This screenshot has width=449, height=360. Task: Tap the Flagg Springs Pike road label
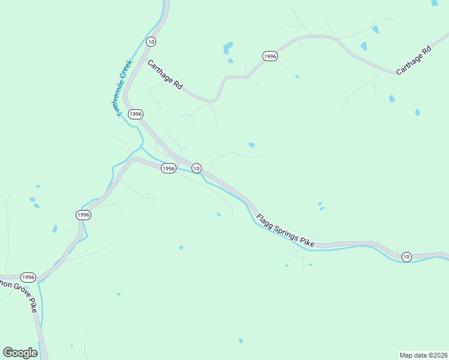pyautogui.click(x=285, y=230)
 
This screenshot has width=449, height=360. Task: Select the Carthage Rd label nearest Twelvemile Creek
pyautogui.click(x=164, y=74)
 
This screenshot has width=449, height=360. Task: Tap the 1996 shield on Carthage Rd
pyautogui.click(x=270, y=56)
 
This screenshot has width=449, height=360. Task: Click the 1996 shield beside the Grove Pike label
pyautogui.click(x=28, y=277)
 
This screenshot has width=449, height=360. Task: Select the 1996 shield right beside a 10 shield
pyautogui.click(x=169, y=169)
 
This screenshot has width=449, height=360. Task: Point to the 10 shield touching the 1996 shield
pyautogui.click(x=196, y=169)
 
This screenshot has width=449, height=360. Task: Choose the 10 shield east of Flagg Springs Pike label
pyautogui.click(x=406, y=257)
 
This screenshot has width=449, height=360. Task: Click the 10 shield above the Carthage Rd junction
pyautogui.click(x=151, y=41)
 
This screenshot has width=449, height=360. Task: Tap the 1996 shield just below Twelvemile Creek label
pyautogui.click(x=136, y=113)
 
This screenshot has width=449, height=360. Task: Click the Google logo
pyautogui.click(x=20, y=353)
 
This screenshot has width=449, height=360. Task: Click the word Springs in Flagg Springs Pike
pyautogui.click(x=285, y=230)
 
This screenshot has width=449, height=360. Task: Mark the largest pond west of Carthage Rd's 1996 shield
pyautogui.click(x=228, y=47)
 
